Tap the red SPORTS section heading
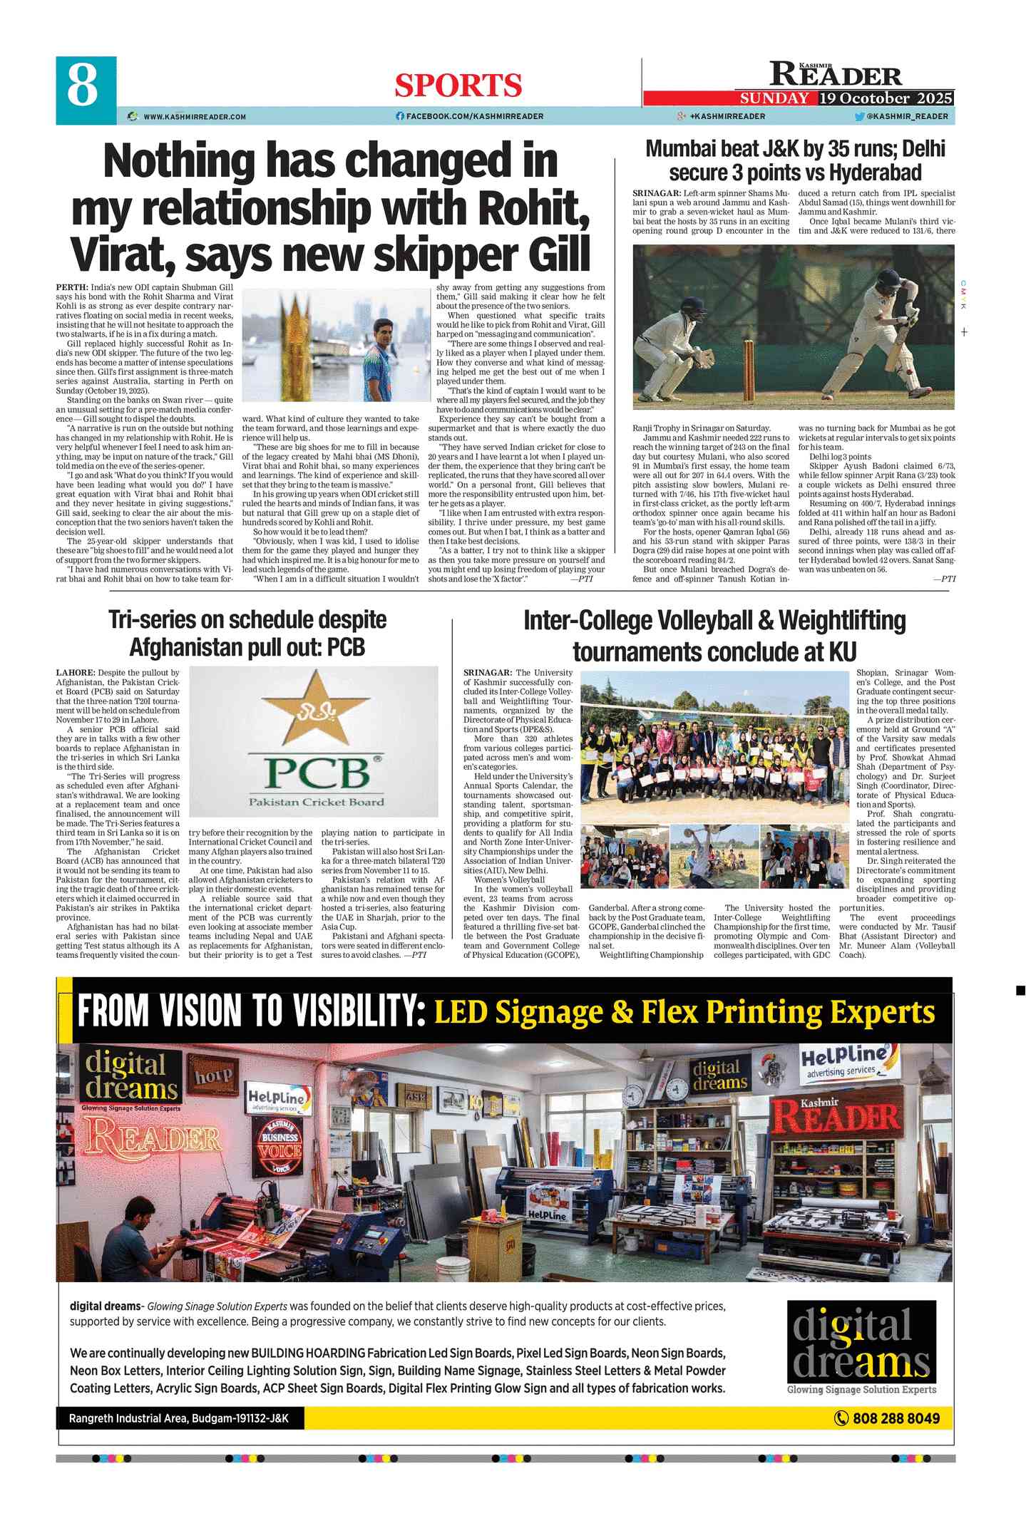click(458, 86)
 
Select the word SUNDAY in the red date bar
click(774, 98)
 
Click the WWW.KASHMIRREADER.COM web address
click(194, 116)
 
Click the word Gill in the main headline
click(553, 254)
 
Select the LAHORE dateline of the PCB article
click(75, 672)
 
